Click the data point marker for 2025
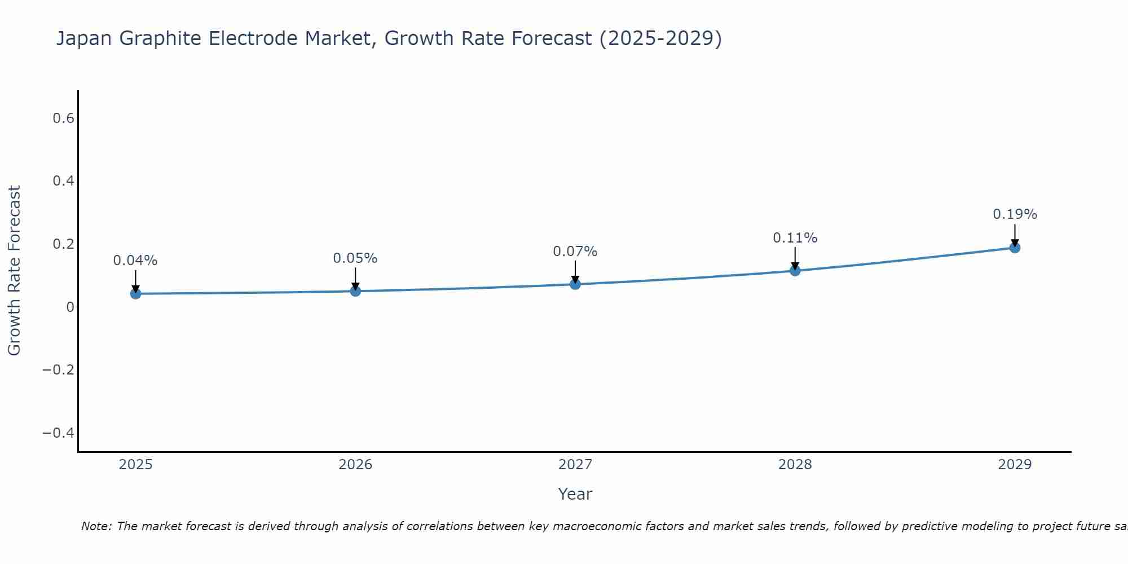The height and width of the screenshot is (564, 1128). click(x=135, y=293)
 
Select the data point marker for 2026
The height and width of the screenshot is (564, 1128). click(x=355, y=291)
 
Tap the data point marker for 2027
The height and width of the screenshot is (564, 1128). click(x=575, y=284)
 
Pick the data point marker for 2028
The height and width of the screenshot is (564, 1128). click(x=795, y=271)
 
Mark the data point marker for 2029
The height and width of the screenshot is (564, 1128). click(x=1015, y=248)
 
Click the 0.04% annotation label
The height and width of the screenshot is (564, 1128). click(x=135, y=261)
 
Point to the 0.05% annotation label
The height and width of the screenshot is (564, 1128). click(x=355, y=258)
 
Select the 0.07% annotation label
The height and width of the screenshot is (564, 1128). click(x=575, y=252)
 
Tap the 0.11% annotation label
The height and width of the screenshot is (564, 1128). click(x=795, y=238)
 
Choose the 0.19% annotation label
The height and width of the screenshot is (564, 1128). click(x=1015, y=214)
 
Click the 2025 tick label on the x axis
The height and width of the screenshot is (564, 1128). click(x=135, y=465)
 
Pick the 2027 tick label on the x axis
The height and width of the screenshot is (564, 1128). click(x=575, y=465)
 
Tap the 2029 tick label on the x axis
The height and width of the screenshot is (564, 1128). click(x=1015, y=465)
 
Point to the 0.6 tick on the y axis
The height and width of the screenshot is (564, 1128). click(x=64, y=118)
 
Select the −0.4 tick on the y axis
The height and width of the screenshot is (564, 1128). click(x=59, y=433)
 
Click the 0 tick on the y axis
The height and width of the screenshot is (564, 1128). click(x=70, y=307)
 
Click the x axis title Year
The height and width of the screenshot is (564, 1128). click(x=575, y=494)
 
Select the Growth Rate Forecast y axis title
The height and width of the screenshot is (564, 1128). click(x=14, y=270)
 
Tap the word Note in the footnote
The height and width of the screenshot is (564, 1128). click(x=96, y=526)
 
